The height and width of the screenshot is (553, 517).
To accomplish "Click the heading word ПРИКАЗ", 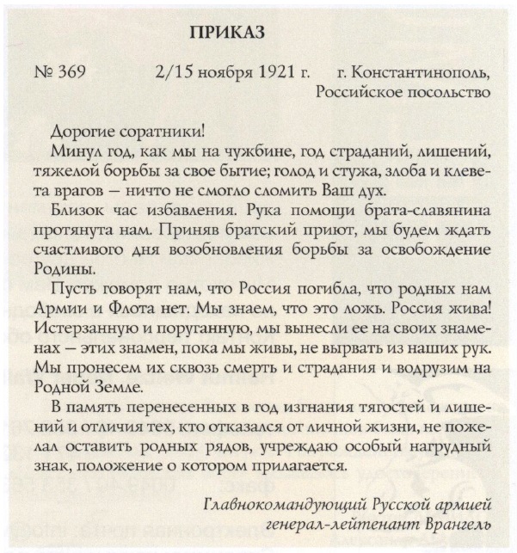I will tap(226, 33).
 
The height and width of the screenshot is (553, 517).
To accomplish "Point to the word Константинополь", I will tap(421, 71).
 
